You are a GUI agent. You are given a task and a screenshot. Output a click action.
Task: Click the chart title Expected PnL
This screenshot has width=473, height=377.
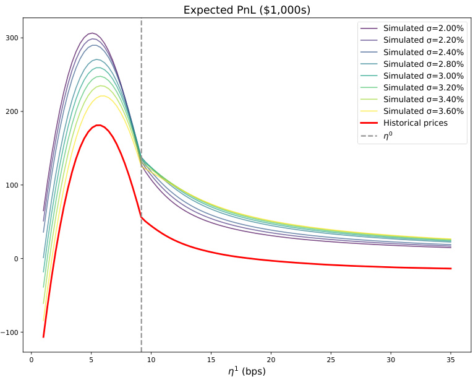(x=247, y=10)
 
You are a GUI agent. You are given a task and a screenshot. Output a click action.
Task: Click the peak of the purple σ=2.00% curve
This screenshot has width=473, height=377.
(x=92, y=33)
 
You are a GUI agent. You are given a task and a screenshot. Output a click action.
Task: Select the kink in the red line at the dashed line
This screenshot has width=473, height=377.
(x=142, y=217)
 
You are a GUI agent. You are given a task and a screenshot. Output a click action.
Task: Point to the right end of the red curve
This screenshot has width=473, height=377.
(x=451, y=269)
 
